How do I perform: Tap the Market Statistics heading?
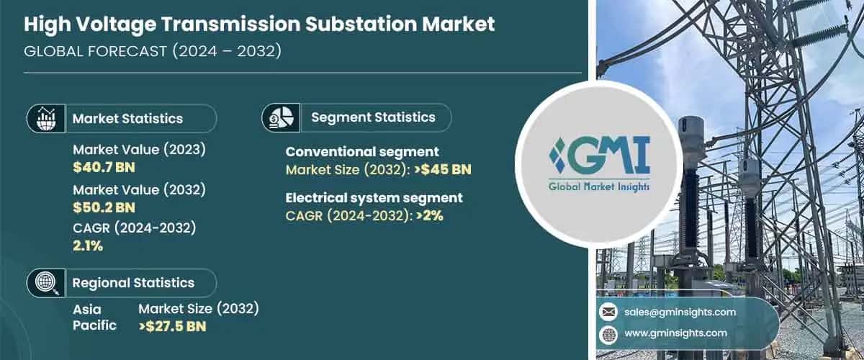point(127,118)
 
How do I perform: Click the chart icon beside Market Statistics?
point(47,118)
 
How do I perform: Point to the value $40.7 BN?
point(104,167)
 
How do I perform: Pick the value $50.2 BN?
point(104,207)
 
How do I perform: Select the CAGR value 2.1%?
point(88,246)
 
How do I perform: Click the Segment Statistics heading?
point(373,117)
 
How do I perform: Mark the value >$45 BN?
point(443,170)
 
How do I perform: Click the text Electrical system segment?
point(374,198)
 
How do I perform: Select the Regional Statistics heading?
point(133,283)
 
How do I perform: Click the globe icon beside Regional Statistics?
point(47,283)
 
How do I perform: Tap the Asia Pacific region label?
point(94,317)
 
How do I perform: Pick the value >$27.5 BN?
point(172,326)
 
